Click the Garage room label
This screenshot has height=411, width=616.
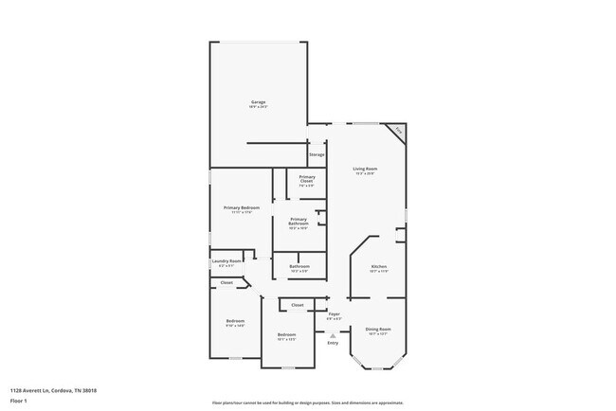258,102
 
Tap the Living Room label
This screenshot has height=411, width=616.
366,170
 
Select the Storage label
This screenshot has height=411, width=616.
317,154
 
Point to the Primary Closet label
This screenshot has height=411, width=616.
307,178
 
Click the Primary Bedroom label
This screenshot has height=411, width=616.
242,207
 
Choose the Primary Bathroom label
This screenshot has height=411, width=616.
299,222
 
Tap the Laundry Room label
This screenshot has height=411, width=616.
226,261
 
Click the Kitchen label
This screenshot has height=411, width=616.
378,267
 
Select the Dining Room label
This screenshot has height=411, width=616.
378,329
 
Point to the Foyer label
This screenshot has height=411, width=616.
335,313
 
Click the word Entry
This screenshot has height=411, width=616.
333,343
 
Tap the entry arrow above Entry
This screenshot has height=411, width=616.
333,333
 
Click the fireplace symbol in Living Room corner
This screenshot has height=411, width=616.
398,130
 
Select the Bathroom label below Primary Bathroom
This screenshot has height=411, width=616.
299,267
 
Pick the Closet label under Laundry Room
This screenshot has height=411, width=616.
226,282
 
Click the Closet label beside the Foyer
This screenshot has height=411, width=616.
297,305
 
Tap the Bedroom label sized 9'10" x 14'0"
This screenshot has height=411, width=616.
236,321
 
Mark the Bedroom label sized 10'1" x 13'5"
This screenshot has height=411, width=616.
287,335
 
